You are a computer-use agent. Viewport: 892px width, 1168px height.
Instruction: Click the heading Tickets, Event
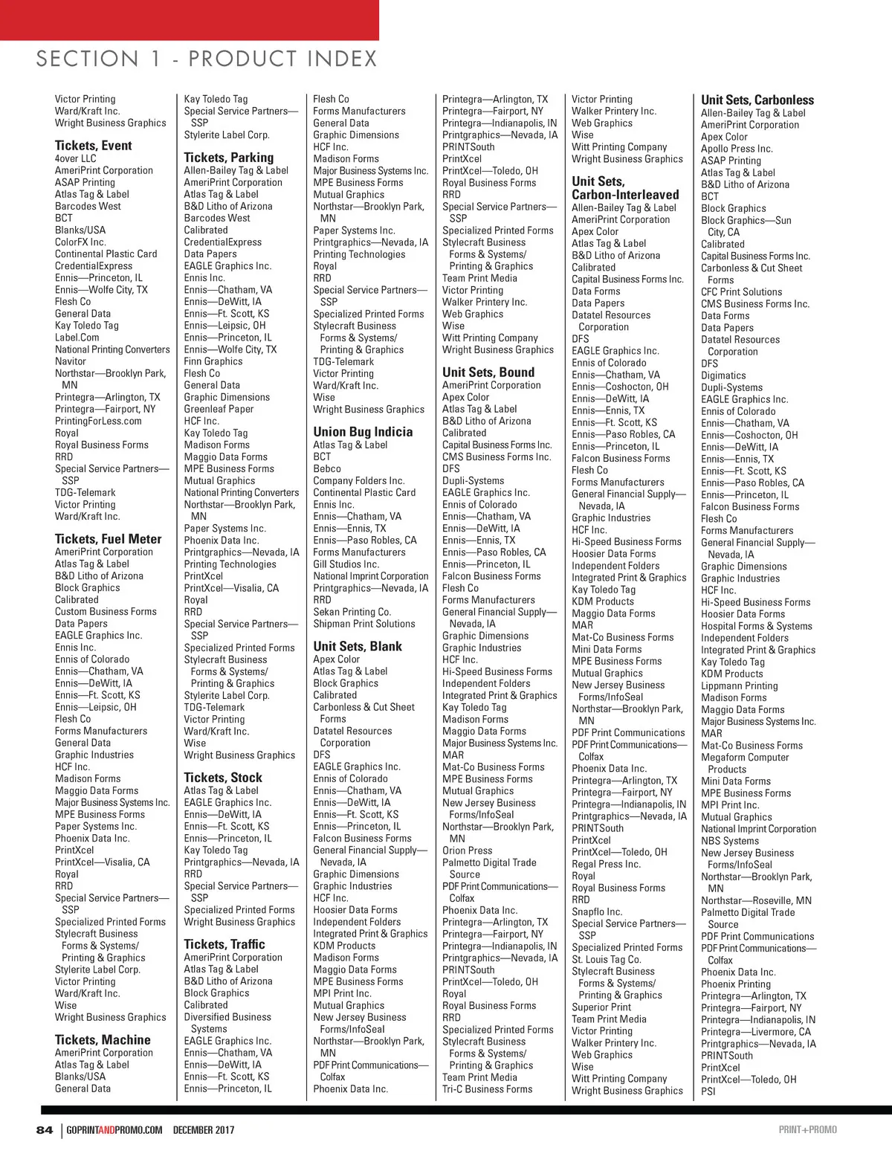93,146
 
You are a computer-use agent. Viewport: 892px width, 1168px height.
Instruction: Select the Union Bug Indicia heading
363,432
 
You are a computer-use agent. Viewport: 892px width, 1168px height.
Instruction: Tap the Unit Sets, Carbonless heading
757,100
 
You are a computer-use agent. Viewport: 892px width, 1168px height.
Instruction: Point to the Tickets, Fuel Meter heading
108,539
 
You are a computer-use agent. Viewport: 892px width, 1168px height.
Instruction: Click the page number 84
45,1130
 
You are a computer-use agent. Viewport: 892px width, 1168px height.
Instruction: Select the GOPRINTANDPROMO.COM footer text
114,1130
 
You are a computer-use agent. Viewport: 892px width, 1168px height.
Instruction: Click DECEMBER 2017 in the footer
204,1130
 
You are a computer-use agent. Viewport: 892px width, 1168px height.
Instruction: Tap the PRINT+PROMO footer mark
807,1130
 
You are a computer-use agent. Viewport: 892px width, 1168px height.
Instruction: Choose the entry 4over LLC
75,158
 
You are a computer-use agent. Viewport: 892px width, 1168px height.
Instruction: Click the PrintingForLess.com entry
98,421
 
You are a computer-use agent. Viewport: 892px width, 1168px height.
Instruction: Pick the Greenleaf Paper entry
219,409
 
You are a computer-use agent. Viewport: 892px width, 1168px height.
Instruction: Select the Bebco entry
327,469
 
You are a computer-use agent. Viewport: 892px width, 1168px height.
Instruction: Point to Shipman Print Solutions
363,624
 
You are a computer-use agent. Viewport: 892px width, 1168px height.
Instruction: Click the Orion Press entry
467,851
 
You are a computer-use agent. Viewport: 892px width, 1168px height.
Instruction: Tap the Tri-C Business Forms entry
487,1089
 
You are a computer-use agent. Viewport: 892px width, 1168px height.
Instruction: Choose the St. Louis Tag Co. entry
606,959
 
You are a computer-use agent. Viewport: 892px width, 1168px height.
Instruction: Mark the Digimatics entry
723,375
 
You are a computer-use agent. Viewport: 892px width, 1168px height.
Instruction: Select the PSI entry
708,1091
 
